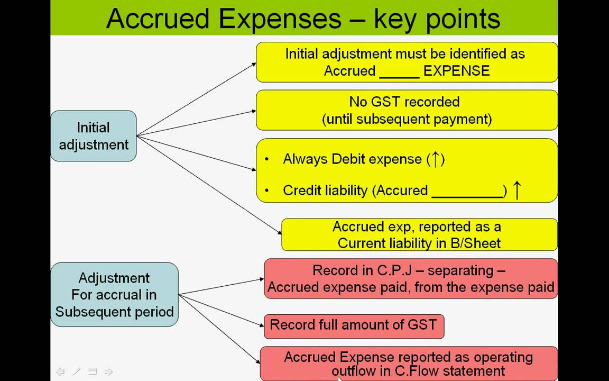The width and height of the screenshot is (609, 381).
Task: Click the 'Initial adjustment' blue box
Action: (94, 136)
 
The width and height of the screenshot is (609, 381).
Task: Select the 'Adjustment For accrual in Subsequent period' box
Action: (114, 295)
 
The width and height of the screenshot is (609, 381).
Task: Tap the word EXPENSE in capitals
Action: (457, 71)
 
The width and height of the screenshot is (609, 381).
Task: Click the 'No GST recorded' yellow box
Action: (407, 110)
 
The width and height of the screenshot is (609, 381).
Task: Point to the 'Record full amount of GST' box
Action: (354, 325)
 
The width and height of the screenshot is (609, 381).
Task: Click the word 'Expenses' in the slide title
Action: (280, 19)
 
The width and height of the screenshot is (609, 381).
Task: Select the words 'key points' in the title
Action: (437, 19)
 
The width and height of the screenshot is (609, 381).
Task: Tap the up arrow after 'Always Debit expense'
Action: (436, 159)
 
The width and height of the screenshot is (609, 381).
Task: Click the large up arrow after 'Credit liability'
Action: (517, 190)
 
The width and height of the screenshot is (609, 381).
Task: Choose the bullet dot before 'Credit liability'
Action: (268, 191)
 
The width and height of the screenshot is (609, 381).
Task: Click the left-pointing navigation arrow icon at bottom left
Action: (60, 371)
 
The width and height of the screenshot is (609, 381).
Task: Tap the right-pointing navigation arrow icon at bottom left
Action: (108, 371)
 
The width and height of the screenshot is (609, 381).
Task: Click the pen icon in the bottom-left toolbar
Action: (77, 371)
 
